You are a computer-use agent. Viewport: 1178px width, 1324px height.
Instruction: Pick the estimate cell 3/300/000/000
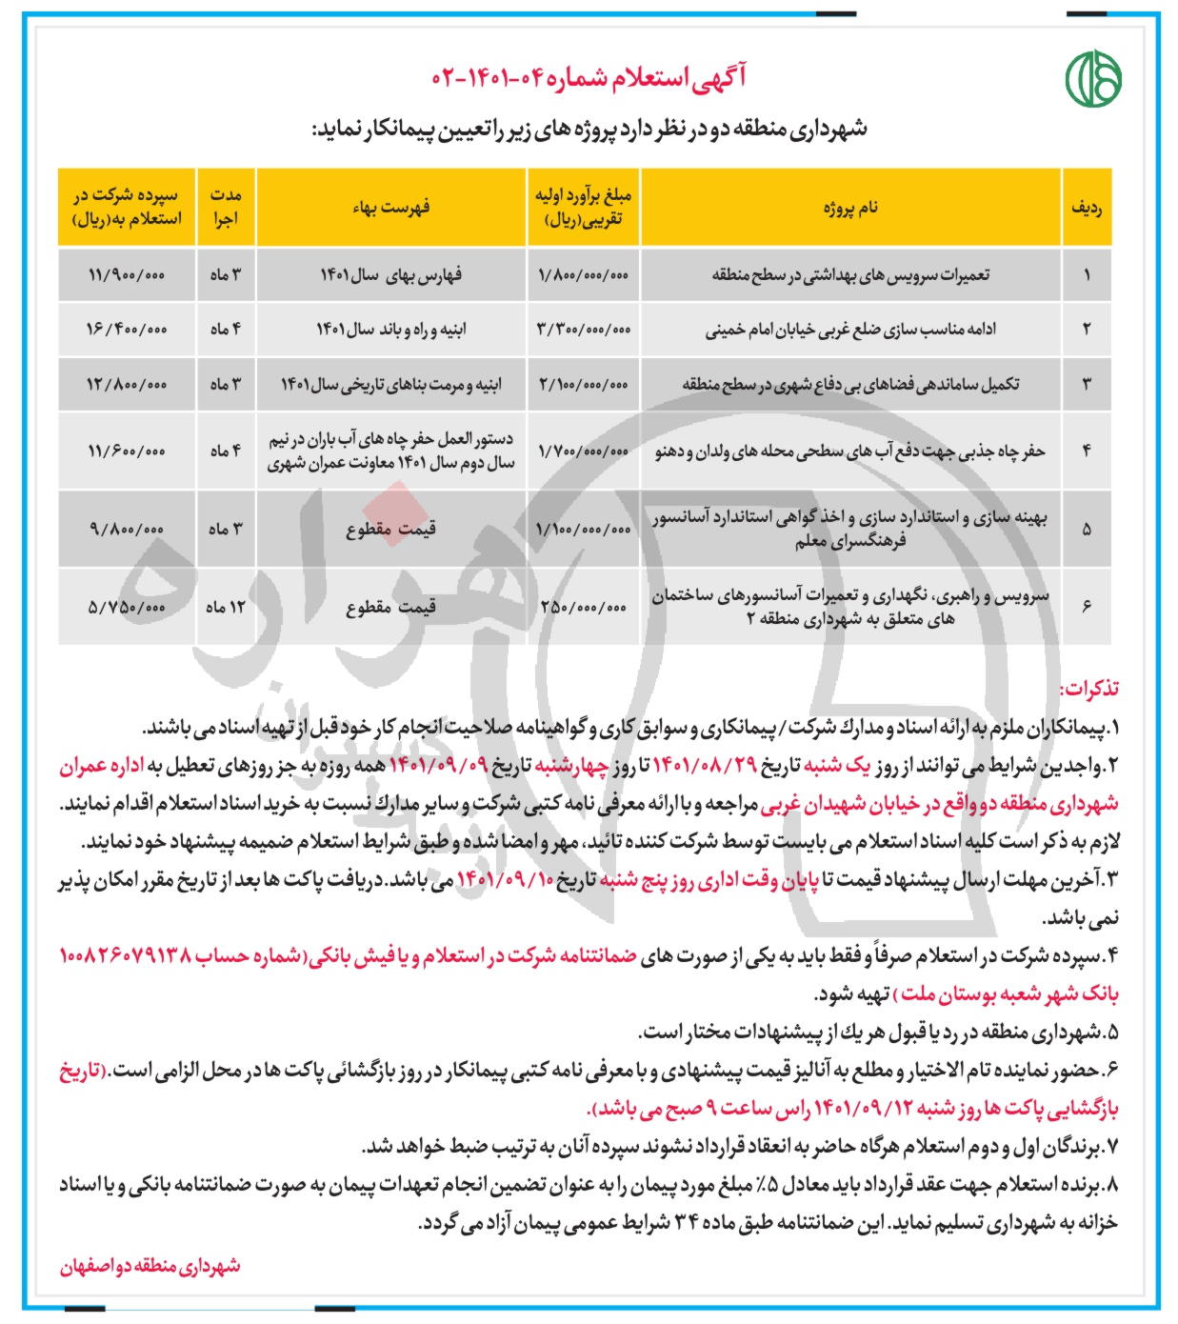point(584,330)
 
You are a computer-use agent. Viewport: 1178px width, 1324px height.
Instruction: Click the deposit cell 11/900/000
point(126,274)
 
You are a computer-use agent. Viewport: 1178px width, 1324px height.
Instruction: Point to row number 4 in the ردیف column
point(1087,451)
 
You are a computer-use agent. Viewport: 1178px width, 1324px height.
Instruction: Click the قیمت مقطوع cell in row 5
point(390,530)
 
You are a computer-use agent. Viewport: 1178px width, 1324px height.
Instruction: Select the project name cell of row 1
point(850,274)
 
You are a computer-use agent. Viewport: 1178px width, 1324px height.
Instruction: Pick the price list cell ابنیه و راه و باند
point(390,330)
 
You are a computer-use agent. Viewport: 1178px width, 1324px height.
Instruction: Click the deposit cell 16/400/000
point(126,330)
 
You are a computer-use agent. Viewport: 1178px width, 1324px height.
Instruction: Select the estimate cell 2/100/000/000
point(584,385)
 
